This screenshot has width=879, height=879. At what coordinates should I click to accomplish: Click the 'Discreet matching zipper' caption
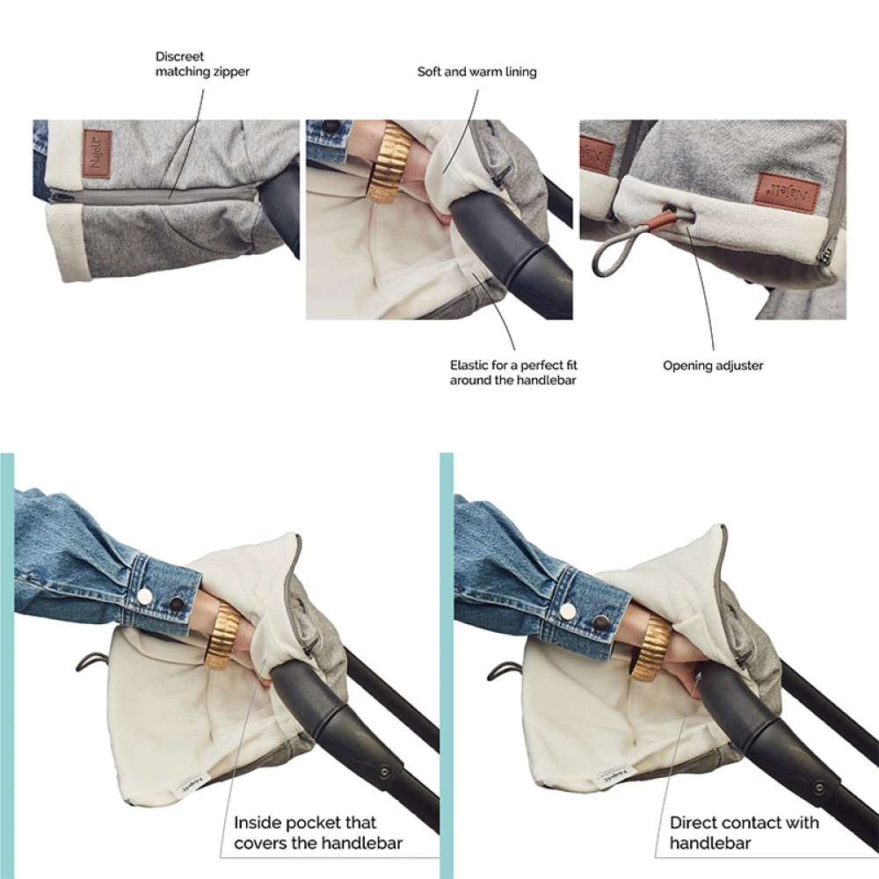click(x=202, y=64)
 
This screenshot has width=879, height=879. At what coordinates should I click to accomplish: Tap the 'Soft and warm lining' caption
click(x=477, y=72)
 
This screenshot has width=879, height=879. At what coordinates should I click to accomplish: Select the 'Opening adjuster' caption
click(x=713, y=366)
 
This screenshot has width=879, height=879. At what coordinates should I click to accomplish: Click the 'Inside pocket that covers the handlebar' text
click(x=318, y=832)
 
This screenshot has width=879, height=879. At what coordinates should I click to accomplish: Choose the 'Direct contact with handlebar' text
click(x=744, y=832)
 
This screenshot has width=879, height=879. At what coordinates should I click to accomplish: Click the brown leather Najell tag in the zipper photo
click(x=97, y=154)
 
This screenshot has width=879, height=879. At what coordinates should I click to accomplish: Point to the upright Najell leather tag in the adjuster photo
click(x=785, y=190)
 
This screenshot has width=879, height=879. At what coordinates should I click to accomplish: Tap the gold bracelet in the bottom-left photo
click(x=224, y=636)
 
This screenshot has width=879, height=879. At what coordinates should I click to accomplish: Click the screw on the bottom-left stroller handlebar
click(x=385, y=772)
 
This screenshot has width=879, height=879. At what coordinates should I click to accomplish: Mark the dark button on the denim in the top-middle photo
click(x=332, y=126)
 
